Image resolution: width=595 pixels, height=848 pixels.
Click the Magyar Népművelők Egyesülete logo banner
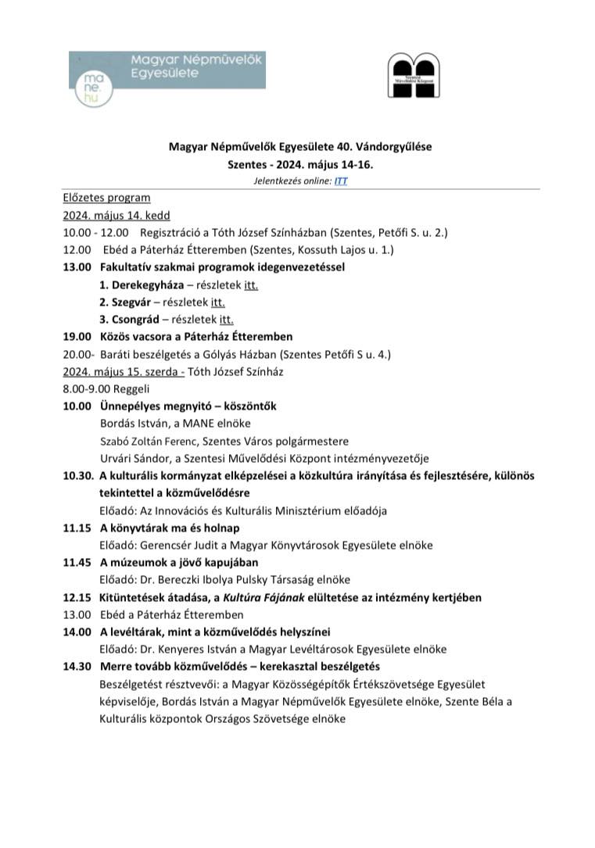click(x=167, y=70)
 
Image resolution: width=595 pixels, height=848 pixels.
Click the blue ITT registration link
click(x=341, y=181)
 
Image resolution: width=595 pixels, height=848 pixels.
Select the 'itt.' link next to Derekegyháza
click(x=251, y=284)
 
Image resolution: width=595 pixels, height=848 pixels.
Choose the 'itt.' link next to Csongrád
click(x=227, y=319)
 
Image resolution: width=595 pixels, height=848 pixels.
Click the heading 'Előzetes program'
click(x=106, y=198)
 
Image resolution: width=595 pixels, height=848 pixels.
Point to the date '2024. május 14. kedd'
click(x=116, y=215)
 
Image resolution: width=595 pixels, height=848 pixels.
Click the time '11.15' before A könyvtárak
click(x=77, y=528)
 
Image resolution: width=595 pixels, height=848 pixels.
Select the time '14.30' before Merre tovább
click(x=77, y=666)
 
